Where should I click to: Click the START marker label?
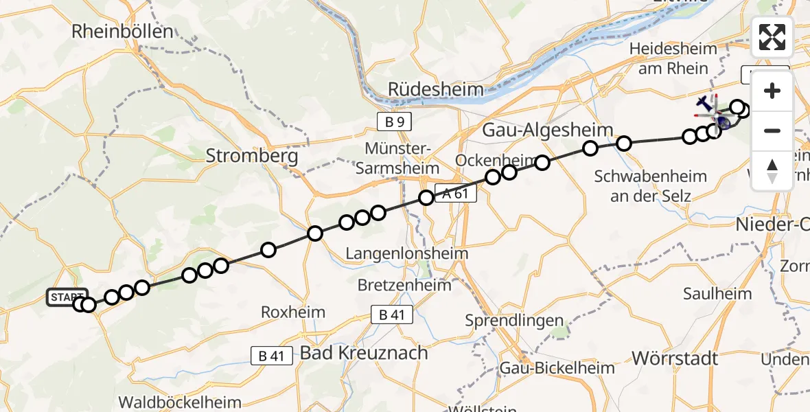pos(67,297)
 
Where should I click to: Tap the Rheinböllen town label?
pos(123,31)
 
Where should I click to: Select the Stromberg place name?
pos(252,157)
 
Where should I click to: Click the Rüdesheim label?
pos(435,89)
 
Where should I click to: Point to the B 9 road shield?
pos(394,122)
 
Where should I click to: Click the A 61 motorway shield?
pos(454,194)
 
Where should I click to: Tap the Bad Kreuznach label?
pos(364,354)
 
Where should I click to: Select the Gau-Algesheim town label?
pos(538,130)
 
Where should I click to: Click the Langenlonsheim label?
pos(406,253)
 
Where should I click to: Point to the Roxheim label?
pos(293,312)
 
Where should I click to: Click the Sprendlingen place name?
pos(514,321)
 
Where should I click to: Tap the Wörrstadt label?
pos(675,358)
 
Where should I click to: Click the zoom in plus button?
pos(772,91)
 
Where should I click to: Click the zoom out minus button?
pos(772,130)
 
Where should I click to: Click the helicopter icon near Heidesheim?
pos(705,104)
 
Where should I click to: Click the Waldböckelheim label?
pos(180,402)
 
